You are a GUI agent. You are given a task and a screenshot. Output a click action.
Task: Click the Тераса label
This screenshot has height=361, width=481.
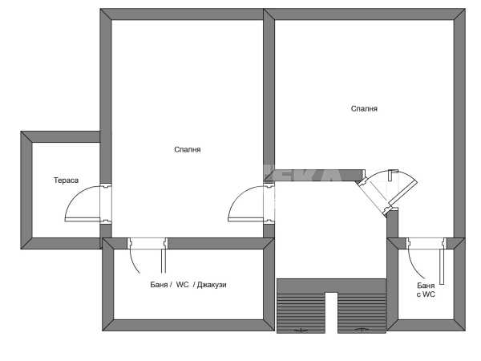(66, 180)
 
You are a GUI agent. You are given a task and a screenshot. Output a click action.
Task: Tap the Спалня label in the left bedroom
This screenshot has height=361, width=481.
(188, 149)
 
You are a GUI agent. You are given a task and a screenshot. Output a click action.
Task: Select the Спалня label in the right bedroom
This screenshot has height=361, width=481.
(364, 108)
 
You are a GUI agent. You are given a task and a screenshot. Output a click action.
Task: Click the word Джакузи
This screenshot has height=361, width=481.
(212, 285)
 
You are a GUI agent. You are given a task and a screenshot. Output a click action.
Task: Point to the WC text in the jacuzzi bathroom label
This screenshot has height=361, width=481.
(182, 285)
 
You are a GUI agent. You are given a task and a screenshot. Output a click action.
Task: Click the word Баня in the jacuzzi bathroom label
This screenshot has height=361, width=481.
(159, 285)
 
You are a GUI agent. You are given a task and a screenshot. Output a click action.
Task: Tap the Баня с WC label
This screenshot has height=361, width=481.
(426, 290)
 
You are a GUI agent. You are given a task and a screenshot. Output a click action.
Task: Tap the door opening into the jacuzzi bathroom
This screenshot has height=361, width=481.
(148, 256)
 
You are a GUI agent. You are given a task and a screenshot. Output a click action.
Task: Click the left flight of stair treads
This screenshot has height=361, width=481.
(301, 313)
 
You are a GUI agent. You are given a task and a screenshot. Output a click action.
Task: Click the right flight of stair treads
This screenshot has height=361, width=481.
(362, 313)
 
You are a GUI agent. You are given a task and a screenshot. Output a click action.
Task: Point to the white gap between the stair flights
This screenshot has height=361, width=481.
(331, 313)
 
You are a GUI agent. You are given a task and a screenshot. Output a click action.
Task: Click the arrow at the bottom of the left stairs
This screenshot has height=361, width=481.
(301, 331)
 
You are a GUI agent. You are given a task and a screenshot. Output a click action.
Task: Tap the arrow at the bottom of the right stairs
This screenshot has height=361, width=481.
(362, 330)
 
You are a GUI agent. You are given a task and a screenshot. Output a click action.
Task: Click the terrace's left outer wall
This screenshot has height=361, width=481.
(26, 190)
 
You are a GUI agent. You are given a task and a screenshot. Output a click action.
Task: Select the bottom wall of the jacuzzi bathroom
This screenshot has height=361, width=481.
(188, 325)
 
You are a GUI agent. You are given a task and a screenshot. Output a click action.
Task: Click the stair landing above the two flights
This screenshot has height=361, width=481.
(331, 286)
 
